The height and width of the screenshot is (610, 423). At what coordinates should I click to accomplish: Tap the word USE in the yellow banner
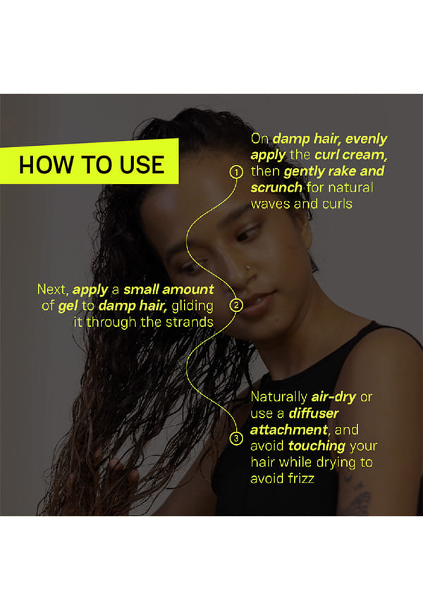[142, 165]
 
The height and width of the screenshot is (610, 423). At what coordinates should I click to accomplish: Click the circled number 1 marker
[236, 172]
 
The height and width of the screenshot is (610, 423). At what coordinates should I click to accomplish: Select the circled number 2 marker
[236, 306]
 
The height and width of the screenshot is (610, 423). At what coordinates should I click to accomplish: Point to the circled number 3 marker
[236, 438]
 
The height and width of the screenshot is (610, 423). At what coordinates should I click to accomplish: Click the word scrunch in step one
[276, 187]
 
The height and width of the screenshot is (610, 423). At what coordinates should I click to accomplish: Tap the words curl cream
[351, 155]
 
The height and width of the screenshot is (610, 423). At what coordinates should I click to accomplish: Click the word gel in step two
[68, 306]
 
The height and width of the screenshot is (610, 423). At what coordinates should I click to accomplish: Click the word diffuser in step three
[314, 413]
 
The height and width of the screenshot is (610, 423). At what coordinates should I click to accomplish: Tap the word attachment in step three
[289, 430]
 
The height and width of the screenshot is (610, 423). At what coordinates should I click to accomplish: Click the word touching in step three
[317, 446]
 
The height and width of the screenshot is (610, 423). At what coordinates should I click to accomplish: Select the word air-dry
[333, 397]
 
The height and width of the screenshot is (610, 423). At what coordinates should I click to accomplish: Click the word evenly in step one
[366, 139]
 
